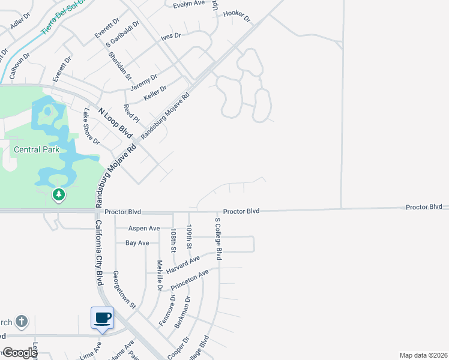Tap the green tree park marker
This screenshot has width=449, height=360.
(58, 194)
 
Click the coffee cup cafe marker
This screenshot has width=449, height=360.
(102, 317)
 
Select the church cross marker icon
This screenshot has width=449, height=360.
(22, 322)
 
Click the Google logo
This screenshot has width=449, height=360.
(19, 353)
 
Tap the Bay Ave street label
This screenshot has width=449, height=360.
(137, 243)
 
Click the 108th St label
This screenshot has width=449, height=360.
(173, 240)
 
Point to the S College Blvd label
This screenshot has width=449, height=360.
(219, 238)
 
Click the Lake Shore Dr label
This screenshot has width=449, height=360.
(91, 125)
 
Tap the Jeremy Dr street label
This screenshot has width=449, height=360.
(144, 83)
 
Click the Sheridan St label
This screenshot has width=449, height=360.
(119, 65)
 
